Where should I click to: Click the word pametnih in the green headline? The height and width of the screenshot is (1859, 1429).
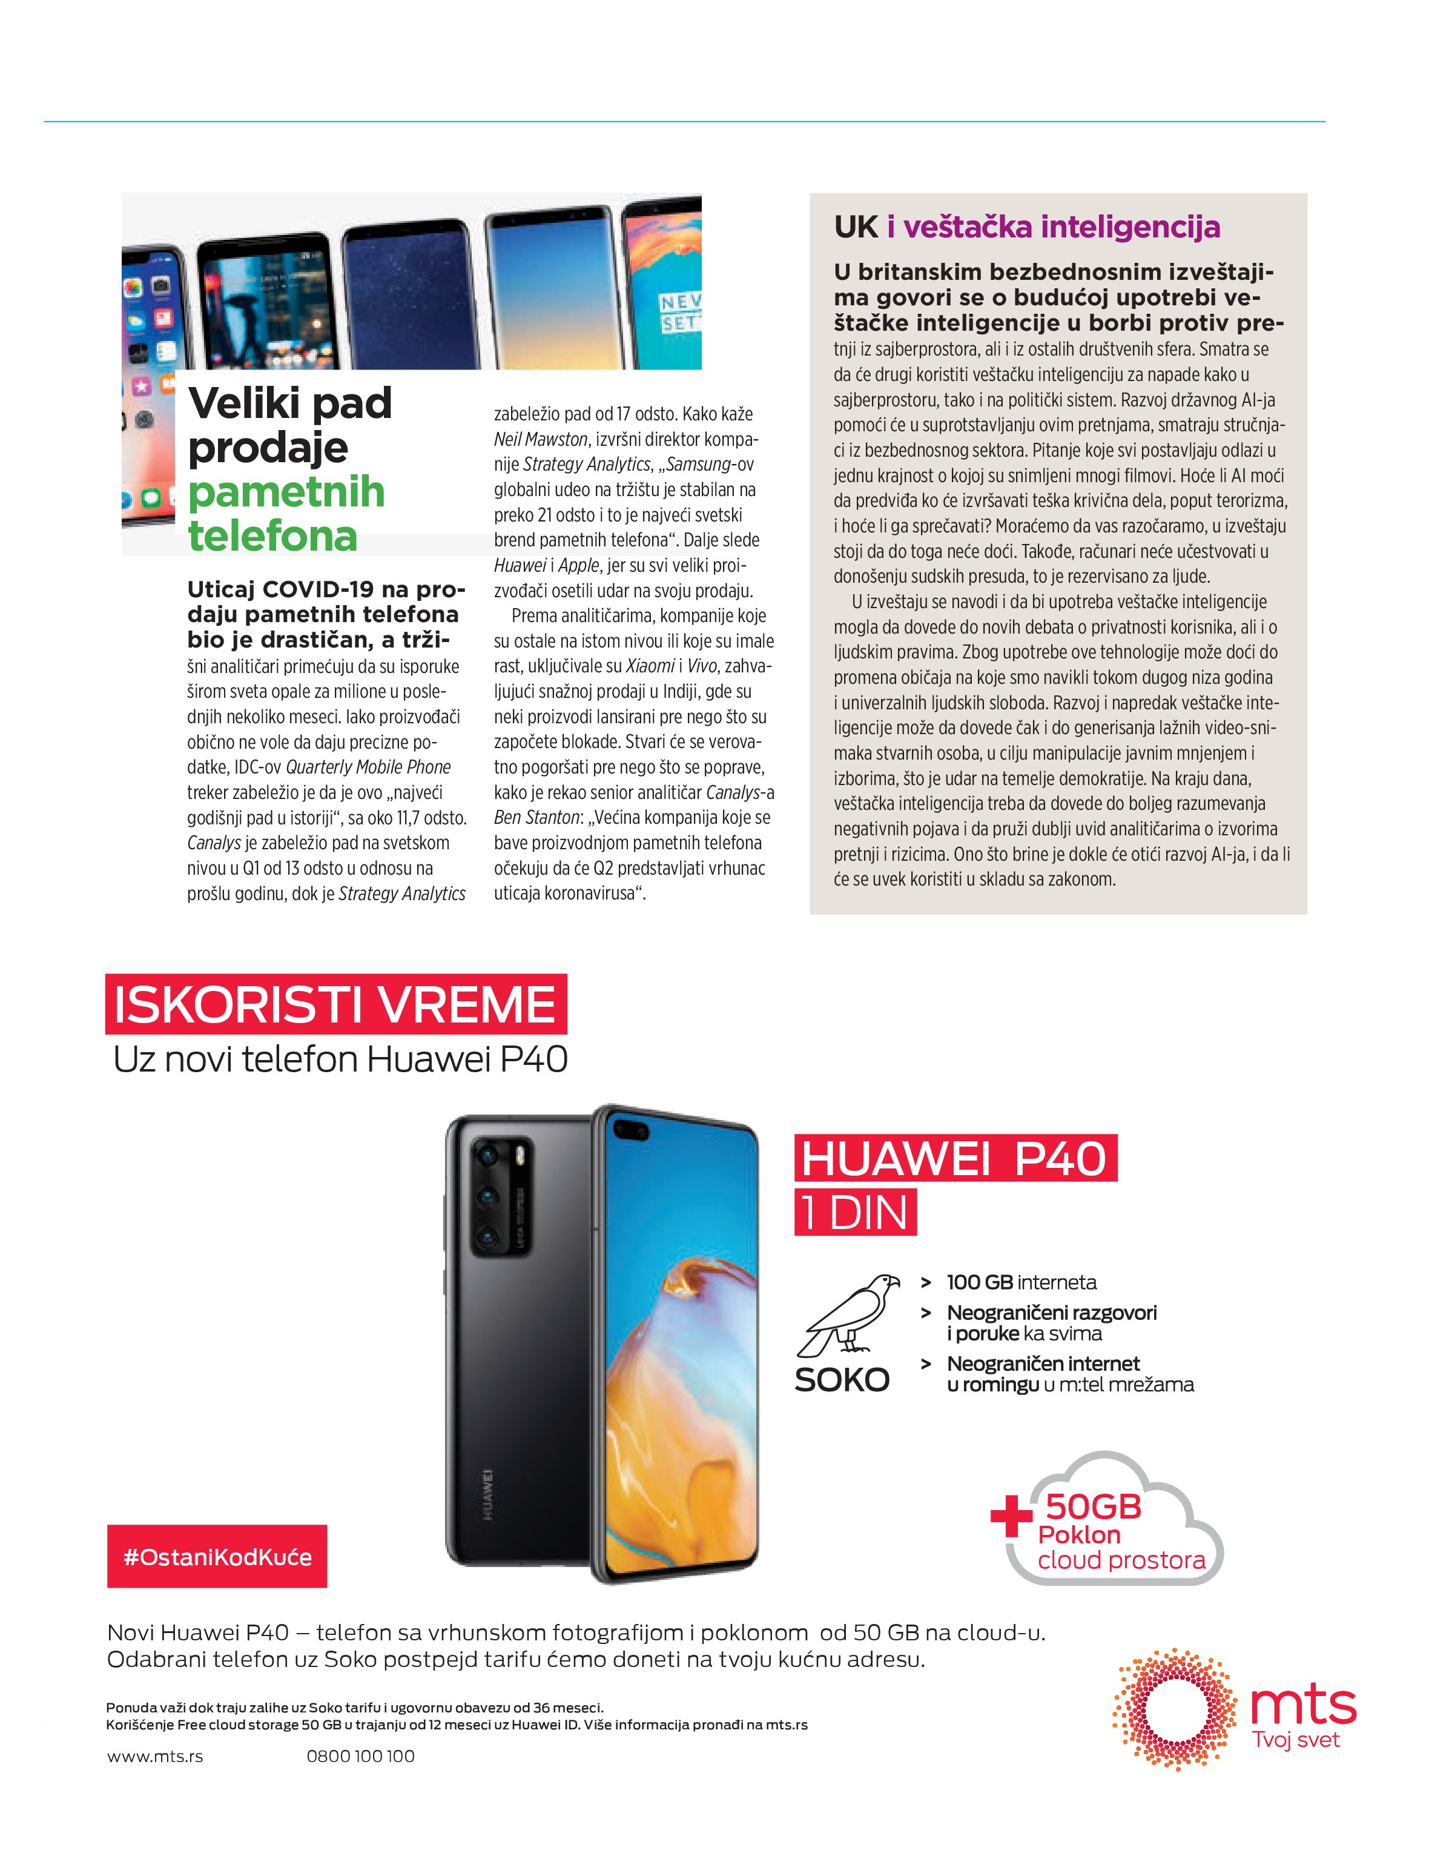286,492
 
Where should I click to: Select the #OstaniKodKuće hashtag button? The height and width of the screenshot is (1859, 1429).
217,1557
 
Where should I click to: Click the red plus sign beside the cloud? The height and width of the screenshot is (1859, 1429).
1011,1516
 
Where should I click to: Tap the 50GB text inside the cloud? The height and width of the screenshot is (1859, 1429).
1093,1507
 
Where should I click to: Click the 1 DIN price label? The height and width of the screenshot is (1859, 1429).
855,1213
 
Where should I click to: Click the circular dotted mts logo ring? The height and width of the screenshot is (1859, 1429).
1174,1709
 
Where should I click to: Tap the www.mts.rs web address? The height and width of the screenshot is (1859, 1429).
155,1756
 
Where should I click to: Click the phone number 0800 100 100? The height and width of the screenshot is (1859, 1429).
361,1756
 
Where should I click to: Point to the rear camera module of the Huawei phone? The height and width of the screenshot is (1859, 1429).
501,1195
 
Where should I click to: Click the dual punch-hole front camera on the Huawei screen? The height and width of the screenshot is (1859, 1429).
631,1130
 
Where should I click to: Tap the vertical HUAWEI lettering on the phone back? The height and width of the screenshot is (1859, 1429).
488,1495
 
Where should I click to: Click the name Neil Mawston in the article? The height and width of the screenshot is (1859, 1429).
541,440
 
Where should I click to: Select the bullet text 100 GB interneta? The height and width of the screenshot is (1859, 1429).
1021,1282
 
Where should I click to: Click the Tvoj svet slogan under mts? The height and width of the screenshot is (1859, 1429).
1295,1740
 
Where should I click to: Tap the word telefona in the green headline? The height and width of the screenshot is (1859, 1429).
272,537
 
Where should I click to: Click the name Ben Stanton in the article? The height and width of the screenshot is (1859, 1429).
536,818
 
